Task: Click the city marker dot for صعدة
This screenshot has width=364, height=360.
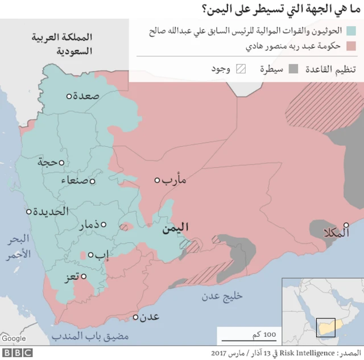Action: [x=69, y=96]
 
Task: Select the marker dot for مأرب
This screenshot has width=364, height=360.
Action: [x=158, y=180]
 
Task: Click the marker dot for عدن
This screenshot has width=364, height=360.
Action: [x=136, y=317]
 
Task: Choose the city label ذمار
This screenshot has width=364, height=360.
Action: [x=93, y=225]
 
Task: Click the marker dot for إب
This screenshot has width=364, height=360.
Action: [x=90, y=254]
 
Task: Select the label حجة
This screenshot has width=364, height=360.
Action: [x=48, y=163]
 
